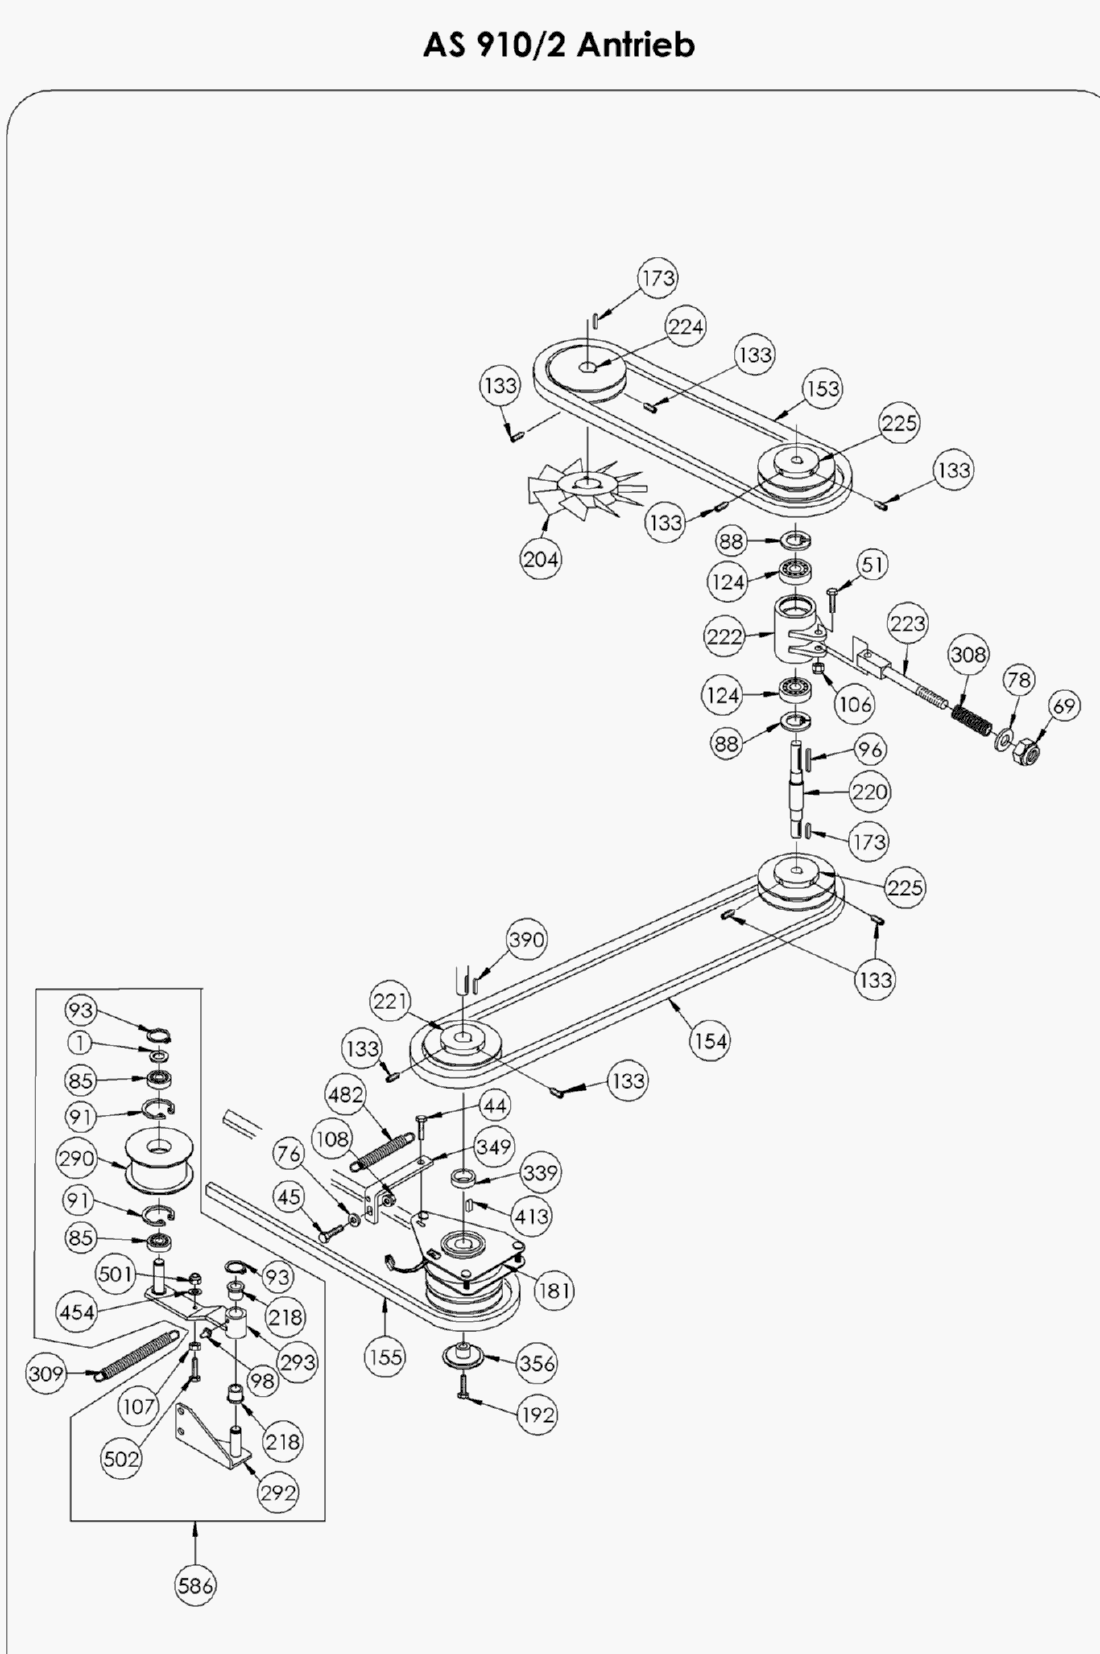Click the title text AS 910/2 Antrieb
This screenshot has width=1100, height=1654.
(558, 45)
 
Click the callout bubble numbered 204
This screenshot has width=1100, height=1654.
(540, 559)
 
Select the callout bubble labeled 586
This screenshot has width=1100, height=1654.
(195, 1584)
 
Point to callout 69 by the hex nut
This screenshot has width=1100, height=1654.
(1065, 707)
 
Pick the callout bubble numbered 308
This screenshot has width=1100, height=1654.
(967, 654)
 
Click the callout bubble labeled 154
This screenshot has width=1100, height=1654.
(710, 1041)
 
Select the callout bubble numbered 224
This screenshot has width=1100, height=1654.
(686, 327)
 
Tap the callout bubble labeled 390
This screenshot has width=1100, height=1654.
(527, 939)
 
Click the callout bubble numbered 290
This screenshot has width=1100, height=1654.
(77, 1159)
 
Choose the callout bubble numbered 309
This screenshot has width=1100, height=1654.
(46, 1373)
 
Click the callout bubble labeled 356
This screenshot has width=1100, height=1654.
(537, 1363)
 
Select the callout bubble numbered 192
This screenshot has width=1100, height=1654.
(538, 1415)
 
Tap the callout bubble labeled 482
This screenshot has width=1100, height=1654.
(346, 1095)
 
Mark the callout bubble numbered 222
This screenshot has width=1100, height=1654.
(724, 637)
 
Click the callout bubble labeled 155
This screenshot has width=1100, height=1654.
(385, 1357)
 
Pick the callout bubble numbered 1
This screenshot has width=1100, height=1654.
(79, 1042)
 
